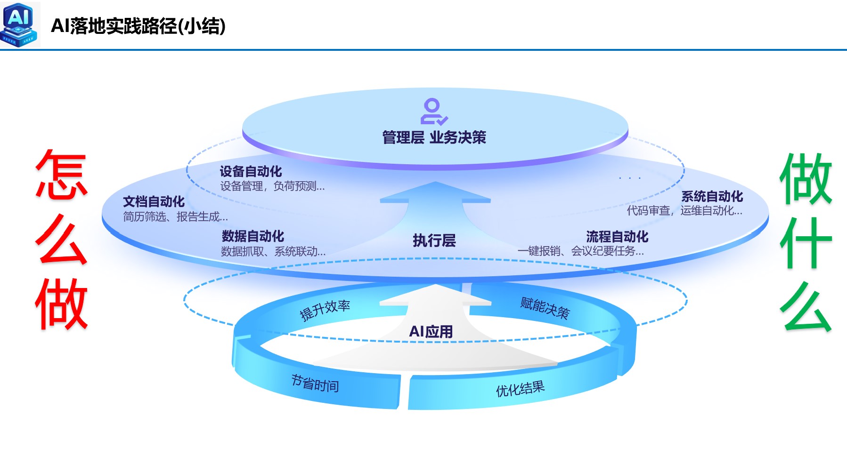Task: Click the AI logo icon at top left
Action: [19, 24]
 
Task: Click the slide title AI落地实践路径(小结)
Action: [138, 26]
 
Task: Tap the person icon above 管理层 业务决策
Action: [433, 112]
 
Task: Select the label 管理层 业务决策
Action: [434, 137]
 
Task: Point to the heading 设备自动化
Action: [251, 171]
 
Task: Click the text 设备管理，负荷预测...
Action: [272, 186]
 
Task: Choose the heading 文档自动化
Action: [154, 201]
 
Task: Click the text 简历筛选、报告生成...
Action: [175, 217]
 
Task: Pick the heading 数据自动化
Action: [253, 236]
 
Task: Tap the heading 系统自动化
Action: [712, 196]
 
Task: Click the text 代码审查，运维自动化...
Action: [684, 211]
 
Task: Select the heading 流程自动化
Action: [617, 236]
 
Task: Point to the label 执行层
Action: [434, 240]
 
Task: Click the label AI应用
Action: [431, 332]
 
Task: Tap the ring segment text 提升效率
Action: [325, 310]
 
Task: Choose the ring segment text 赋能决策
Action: [545, 308]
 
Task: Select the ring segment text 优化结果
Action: [520, 389]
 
